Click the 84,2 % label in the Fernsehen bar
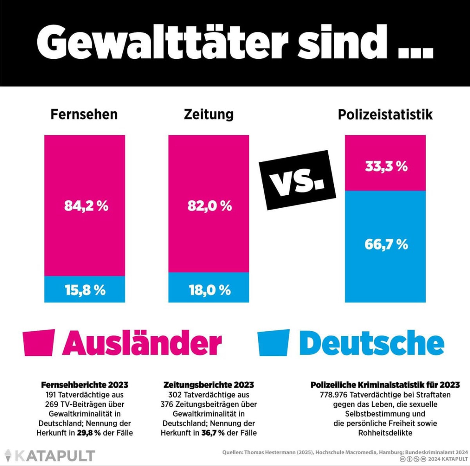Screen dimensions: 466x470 click(x=86, y=206)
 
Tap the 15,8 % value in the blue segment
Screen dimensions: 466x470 click(x=85, y=290)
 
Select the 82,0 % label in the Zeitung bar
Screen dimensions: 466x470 click(x=209, y=206)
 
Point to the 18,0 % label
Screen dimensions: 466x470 click(x=209, y=290)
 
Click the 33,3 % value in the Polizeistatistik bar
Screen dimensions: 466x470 click(x=386, y=166)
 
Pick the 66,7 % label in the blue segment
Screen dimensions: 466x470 click(x=386, y=244)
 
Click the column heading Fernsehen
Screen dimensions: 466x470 click(x=84, y=114)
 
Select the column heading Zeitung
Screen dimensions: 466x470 click(x=208, y=114)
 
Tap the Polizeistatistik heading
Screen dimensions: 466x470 click(x=385, y=114)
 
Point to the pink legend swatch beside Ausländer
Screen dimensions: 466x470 click(x=39, y=343)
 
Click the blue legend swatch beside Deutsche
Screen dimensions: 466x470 click(x=274, y=343)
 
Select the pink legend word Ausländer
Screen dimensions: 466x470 click(x=142, y=343)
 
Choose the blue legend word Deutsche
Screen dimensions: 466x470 click(x=372, y=343)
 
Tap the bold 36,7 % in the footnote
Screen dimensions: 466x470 click(x=213, y=433)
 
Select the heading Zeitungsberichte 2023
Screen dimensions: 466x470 click(x=208, y=385)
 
